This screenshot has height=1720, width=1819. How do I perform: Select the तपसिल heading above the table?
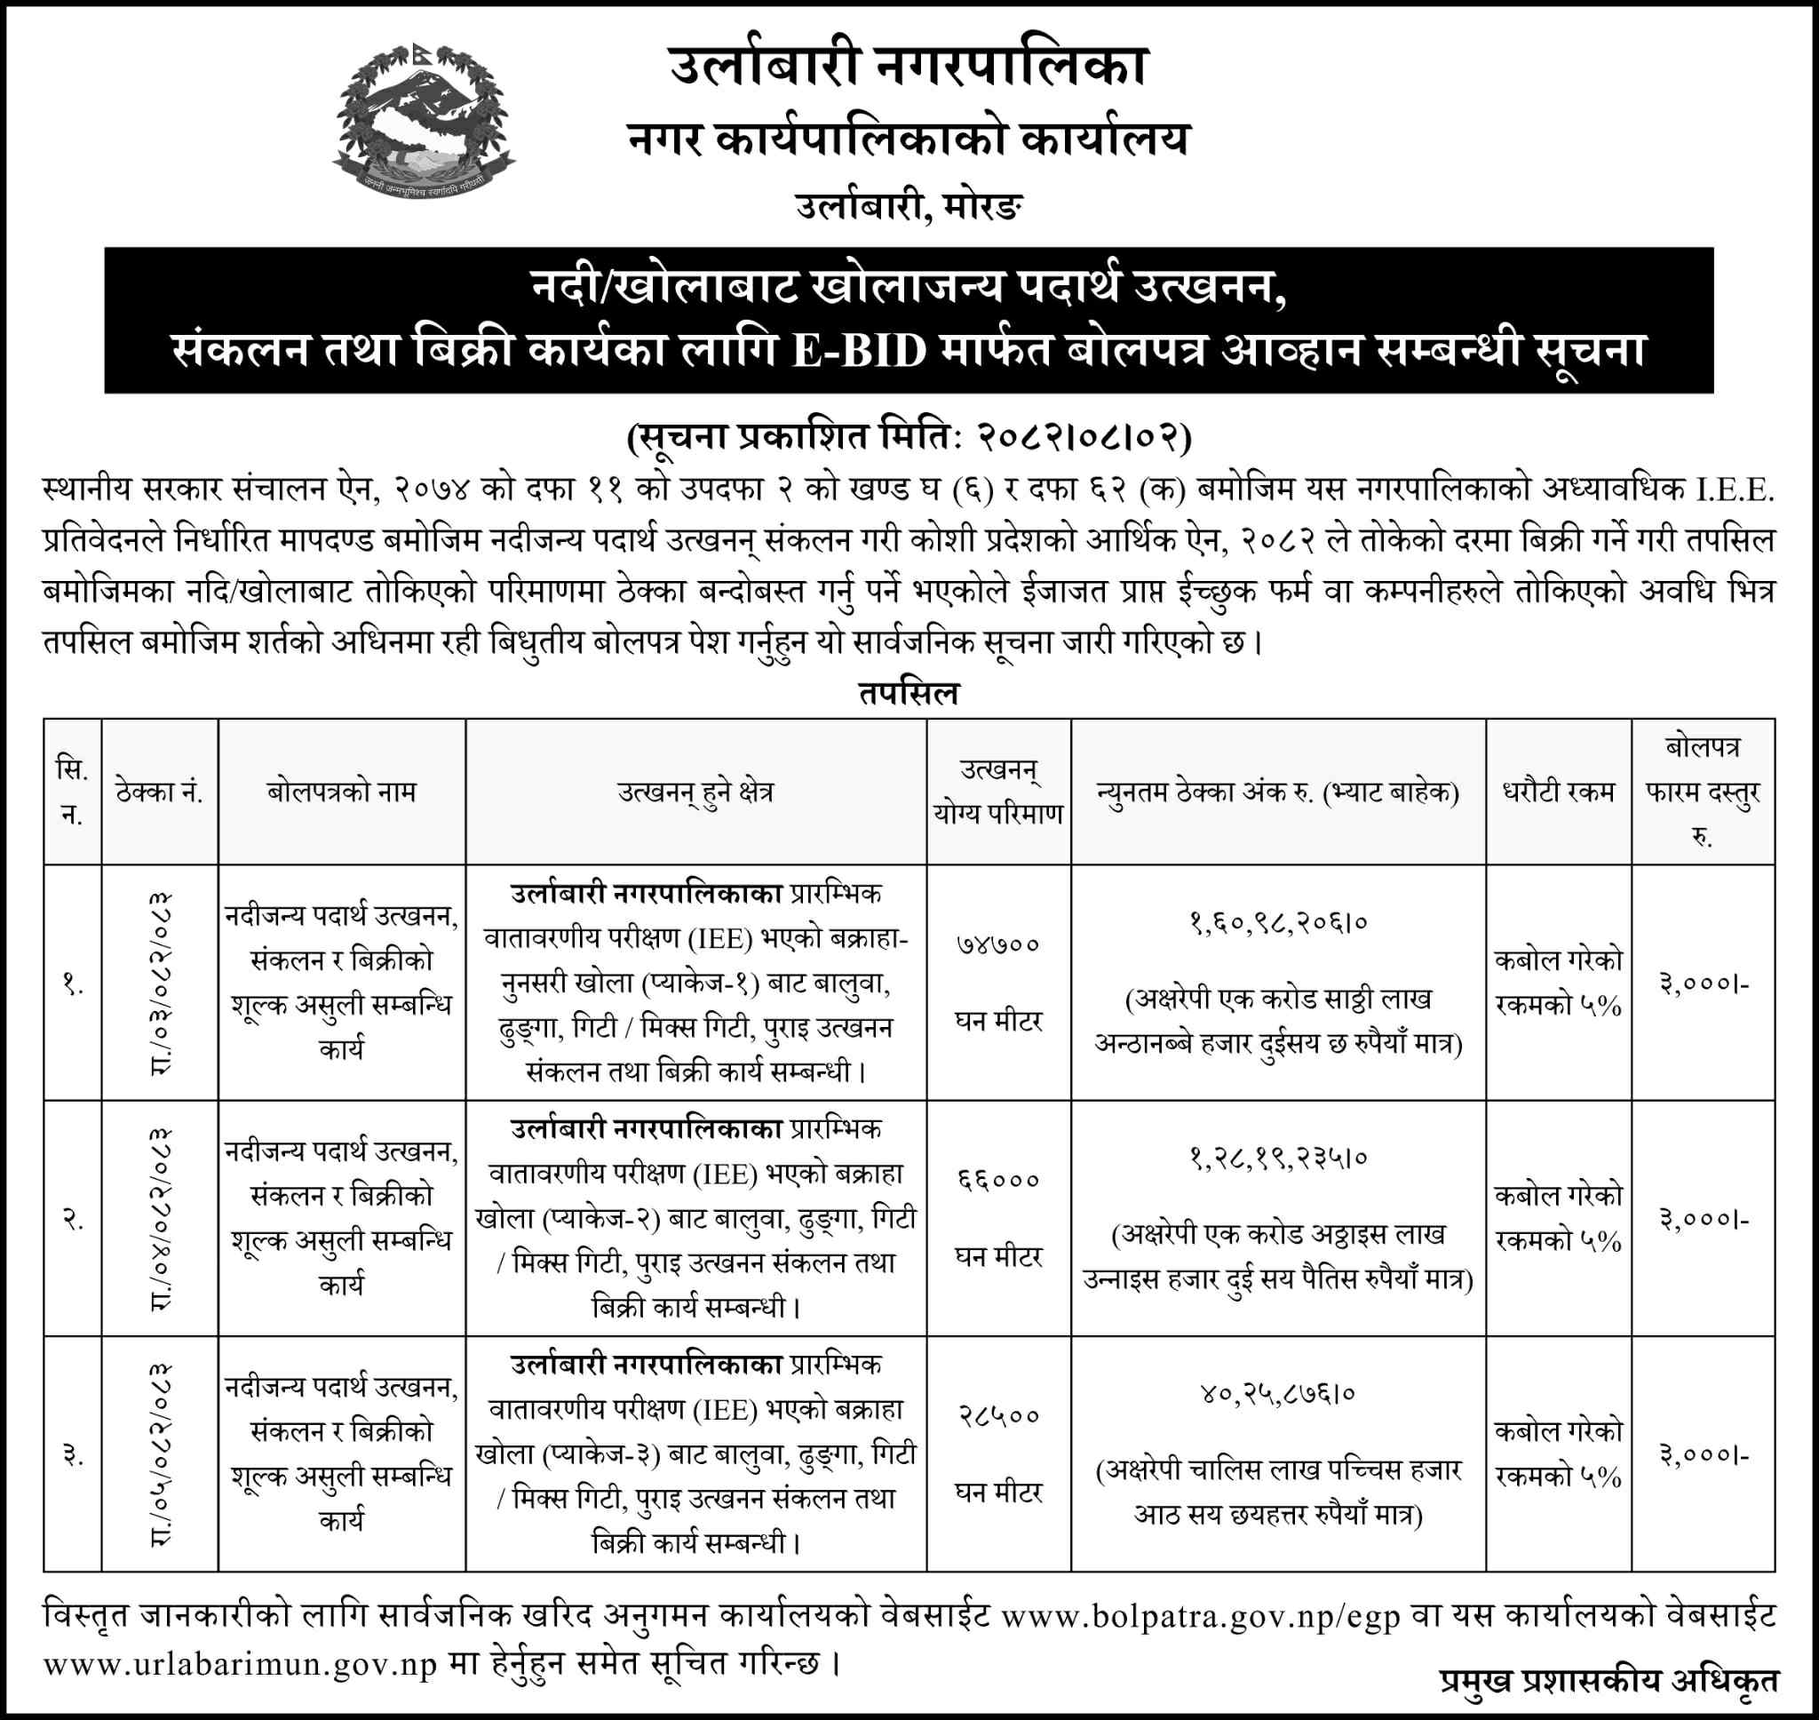pyautogui.click(x=908, y=693)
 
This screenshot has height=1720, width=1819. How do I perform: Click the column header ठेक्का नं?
pyautogui.click(x=160, y=792)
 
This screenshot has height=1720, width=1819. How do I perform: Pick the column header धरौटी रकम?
pyautogui.click(x=1558, y=792)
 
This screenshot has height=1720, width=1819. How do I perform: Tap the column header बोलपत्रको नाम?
pyautogui.click(x=342, y=792)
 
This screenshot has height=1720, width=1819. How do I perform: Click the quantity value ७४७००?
pyautogui.click(x=998, y=944)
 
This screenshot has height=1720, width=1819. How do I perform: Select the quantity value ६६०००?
pyautogui.click(x=998, y=1180)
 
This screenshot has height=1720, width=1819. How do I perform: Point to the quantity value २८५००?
pyautogui.click(x=998, y=1415)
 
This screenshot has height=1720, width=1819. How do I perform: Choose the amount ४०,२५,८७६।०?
pyautogui.click(x=1277, y=1395)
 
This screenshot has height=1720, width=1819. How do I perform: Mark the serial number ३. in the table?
pyautogui.click(x=73, y=1455)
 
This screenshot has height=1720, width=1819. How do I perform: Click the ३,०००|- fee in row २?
pyautogui.click(x=1703, y=1220)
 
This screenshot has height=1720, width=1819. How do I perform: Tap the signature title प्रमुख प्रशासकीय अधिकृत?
pyautogui.click(x=1608, y=1682)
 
